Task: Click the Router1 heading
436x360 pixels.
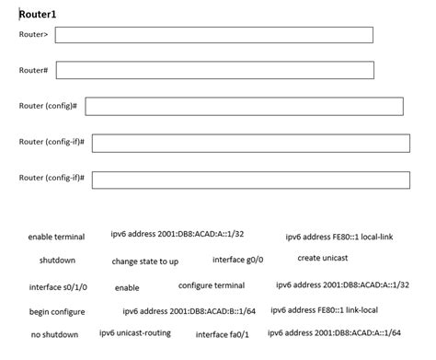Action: pyautogui.click(x=38, y=15)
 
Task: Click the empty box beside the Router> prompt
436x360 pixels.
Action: pyautogui.click(x=213, y=35)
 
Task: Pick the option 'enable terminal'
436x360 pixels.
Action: pyautogui.click(x=56, y=237)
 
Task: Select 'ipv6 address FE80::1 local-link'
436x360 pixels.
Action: pyautogui.click(x=338, y=237)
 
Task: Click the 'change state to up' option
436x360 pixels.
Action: pyautogui.click(x=145, y=261)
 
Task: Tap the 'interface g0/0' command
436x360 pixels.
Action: pyautogui.click(x=237, y=260)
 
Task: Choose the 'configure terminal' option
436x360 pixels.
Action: pyautogui.click(x=212, y=285)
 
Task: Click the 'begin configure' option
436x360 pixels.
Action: pyautogui.click(x=57, y=311)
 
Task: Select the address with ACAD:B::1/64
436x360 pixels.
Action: pyautogui.click(x=189, y=310)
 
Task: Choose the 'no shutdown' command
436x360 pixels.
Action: pyautogui.click(x=54, y=334)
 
